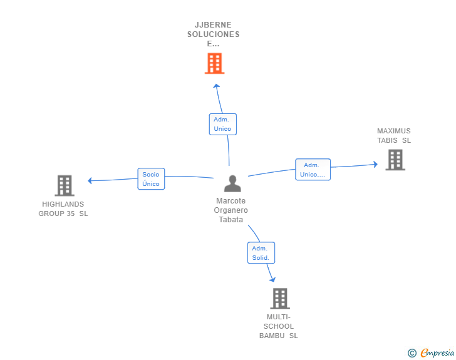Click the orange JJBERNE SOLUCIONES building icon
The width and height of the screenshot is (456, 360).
click(x=214, y=63)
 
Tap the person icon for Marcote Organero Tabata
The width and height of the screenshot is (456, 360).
click(x=232, y=184)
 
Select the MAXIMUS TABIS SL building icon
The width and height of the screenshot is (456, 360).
click(x=395, y=160)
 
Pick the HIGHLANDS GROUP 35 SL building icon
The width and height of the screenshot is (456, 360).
click(x=65, y=185)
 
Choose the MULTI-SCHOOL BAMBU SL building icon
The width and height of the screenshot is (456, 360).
click(x=279, y=299)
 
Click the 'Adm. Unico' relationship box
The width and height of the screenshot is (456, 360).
click(x=222, y=124)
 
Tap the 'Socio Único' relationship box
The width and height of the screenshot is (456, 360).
click(x=151, y=179)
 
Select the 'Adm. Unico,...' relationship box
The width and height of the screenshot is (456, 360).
click(x=313, y=170)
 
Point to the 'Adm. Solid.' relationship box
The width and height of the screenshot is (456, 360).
click(x=261, y=253)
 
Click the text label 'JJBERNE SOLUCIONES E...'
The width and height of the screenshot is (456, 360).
click(x=214, y=34)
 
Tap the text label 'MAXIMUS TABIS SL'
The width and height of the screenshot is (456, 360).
click(x=394, y=136)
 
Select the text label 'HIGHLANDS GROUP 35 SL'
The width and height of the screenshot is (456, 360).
click(x=63, y=209)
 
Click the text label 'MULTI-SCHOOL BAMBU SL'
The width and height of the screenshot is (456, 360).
click(x=279, y=326)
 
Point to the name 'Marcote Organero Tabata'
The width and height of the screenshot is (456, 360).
click(x=232, y=210)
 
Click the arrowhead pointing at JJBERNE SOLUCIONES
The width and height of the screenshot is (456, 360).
click(x=216, y=86)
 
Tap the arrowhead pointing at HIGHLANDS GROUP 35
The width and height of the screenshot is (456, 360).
click(x=91, y=181)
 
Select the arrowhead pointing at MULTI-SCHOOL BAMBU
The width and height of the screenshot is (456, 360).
click(x=272, y=279)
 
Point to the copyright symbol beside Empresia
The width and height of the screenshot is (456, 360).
click(x=412, y=353)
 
